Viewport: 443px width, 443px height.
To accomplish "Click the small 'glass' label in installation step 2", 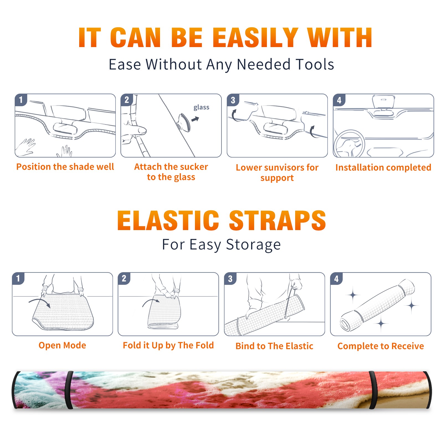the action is point(201,107).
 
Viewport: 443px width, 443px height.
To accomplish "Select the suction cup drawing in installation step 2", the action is point(184,122).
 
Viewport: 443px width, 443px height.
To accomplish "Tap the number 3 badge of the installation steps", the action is point(233,100).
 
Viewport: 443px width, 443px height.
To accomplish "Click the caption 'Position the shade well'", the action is point(65,167).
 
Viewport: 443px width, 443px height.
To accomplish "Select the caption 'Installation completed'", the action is point(383,167).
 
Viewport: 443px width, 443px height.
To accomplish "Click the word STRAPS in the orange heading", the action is point(277,220).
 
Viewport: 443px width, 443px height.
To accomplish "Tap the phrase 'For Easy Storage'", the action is point(221,245).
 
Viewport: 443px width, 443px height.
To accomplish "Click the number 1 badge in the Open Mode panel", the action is point(18,279).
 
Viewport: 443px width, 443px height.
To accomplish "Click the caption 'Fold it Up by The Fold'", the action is point(168,345).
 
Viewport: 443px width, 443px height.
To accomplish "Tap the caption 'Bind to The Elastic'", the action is point(274,346).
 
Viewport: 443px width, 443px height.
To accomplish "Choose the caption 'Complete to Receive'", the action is point(381,346).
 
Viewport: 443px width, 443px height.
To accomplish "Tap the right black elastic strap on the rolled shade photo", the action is point(373,390).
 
